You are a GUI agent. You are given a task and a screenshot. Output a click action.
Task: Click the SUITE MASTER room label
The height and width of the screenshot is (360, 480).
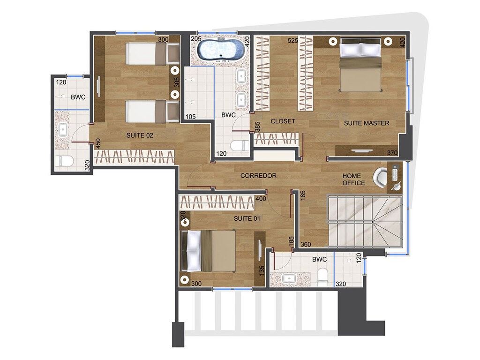[366, 123]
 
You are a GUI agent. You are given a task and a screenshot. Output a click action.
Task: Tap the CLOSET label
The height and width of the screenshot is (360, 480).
[283, 121]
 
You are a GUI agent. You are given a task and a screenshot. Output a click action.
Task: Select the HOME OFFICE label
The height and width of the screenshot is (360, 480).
[353, 179]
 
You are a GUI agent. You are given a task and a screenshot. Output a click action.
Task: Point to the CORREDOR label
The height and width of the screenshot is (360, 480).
[258, 176]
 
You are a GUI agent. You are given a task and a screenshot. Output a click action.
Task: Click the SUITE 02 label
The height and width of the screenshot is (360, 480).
[140, 135]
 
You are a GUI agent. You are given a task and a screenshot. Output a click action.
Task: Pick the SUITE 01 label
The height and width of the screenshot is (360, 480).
[247, 218]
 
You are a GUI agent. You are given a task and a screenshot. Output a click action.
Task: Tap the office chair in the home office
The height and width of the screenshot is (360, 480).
[380, 177]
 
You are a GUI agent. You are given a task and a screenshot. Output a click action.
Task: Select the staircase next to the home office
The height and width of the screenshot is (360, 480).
[365, 221]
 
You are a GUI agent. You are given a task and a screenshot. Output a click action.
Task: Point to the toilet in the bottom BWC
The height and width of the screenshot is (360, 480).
[323, 277]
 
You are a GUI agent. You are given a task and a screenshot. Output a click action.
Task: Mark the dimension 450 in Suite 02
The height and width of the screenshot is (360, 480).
[98, 143]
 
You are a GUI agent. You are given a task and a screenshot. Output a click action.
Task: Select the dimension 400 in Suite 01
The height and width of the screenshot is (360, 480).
[261, 199]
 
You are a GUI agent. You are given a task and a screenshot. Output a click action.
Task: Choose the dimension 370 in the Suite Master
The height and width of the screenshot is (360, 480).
[392, 153]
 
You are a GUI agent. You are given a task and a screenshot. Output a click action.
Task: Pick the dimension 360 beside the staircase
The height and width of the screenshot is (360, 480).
[306, 244]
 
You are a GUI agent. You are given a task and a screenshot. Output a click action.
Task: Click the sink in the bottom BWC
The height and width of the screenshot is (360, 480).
[288, 279]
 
